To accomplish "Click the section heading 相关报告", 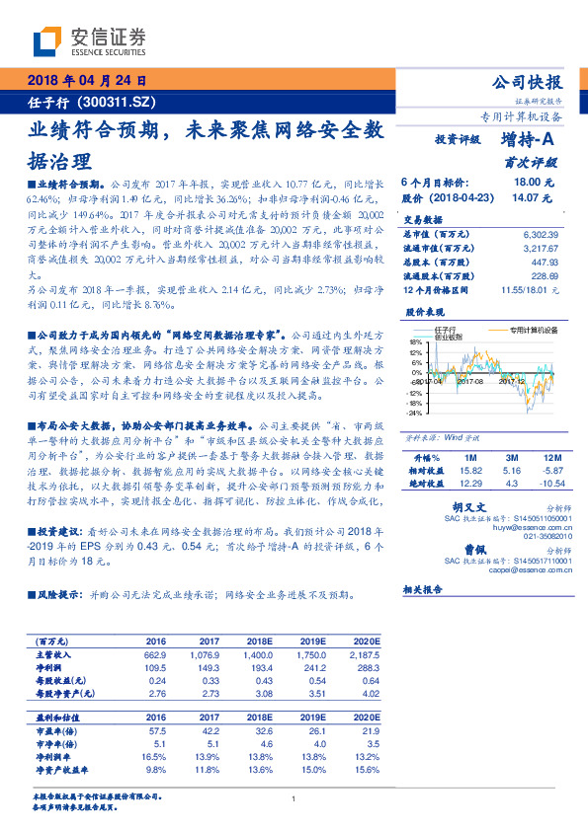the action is (426, 588).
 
